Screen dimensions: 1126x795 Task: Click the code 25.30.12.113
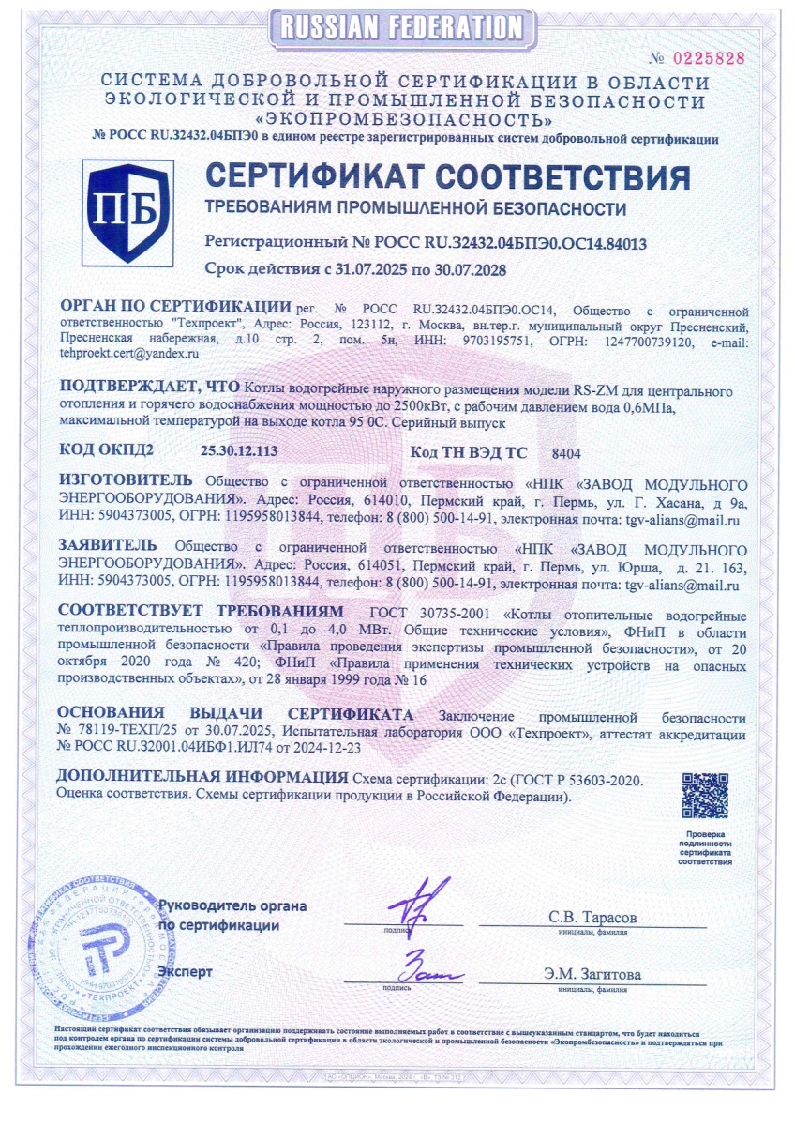tap(239, 451)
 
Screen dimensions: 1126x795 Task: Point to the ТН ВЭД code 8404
tap(567, 452)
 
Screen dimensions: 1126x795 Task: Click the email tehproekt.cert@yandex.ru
tap(129, 353)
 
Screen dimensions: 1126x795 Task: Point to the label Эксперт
tap(186, 971)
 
